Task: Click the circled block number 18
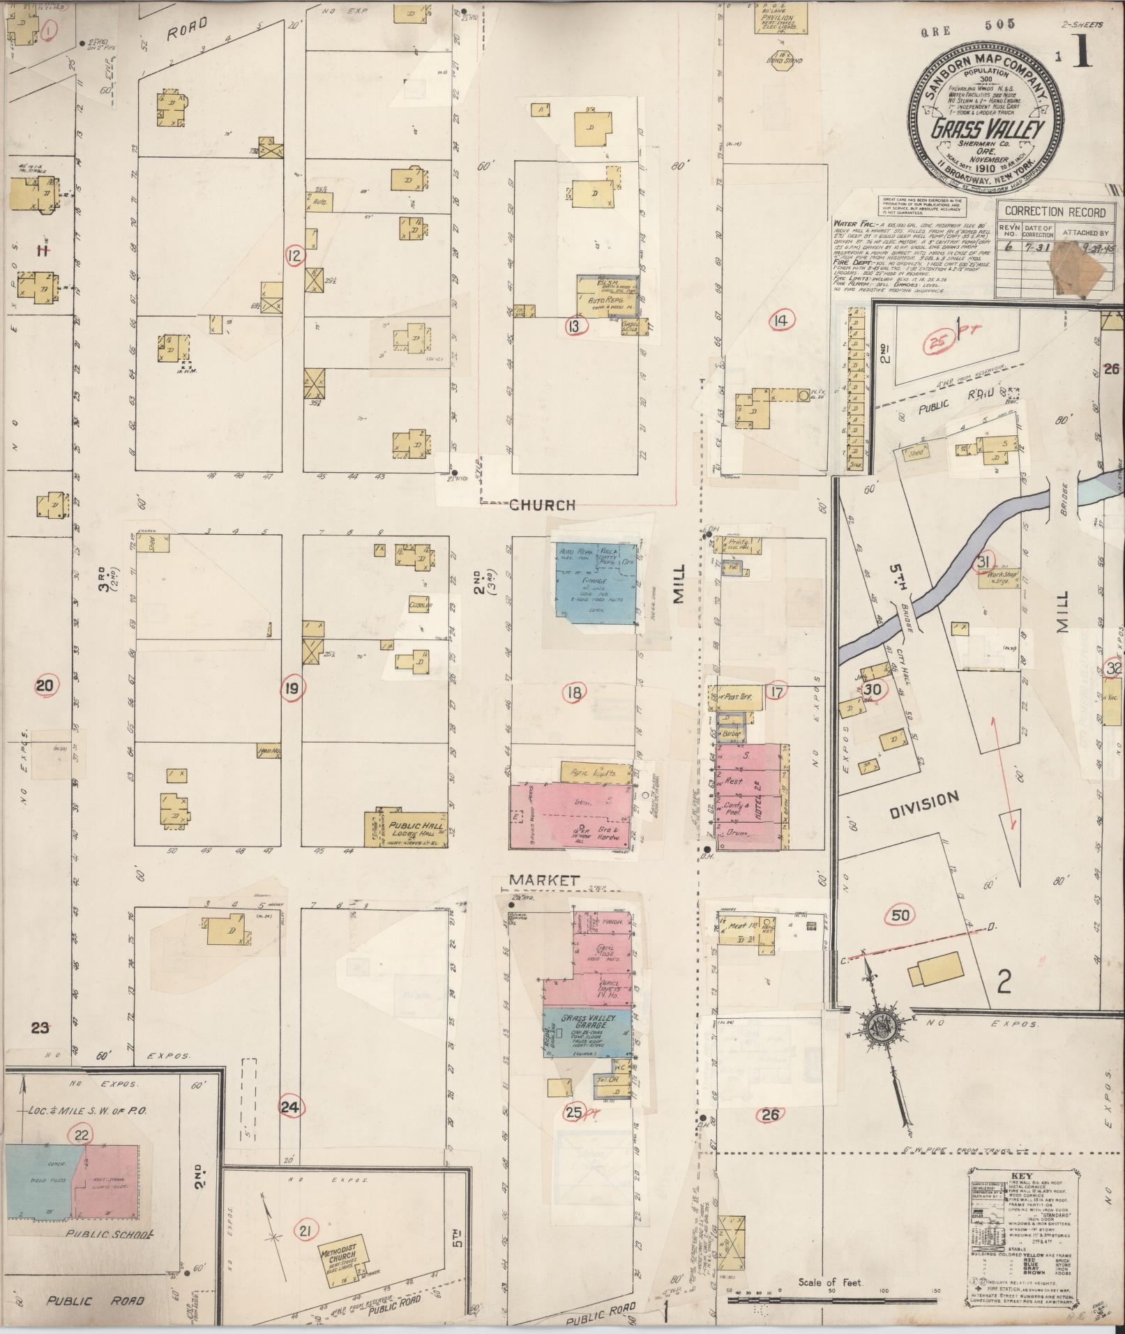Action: click(x=574, y=692)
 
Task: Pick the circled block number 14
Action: click(x=779, y=321)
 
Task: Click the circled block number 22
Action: click(x=82, y=1135)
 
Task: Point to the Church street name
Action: click(x=542, y=505)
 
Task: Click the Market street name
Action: click(x=544, y=881)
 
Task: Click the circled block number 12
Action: click(x=295, y=256)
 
